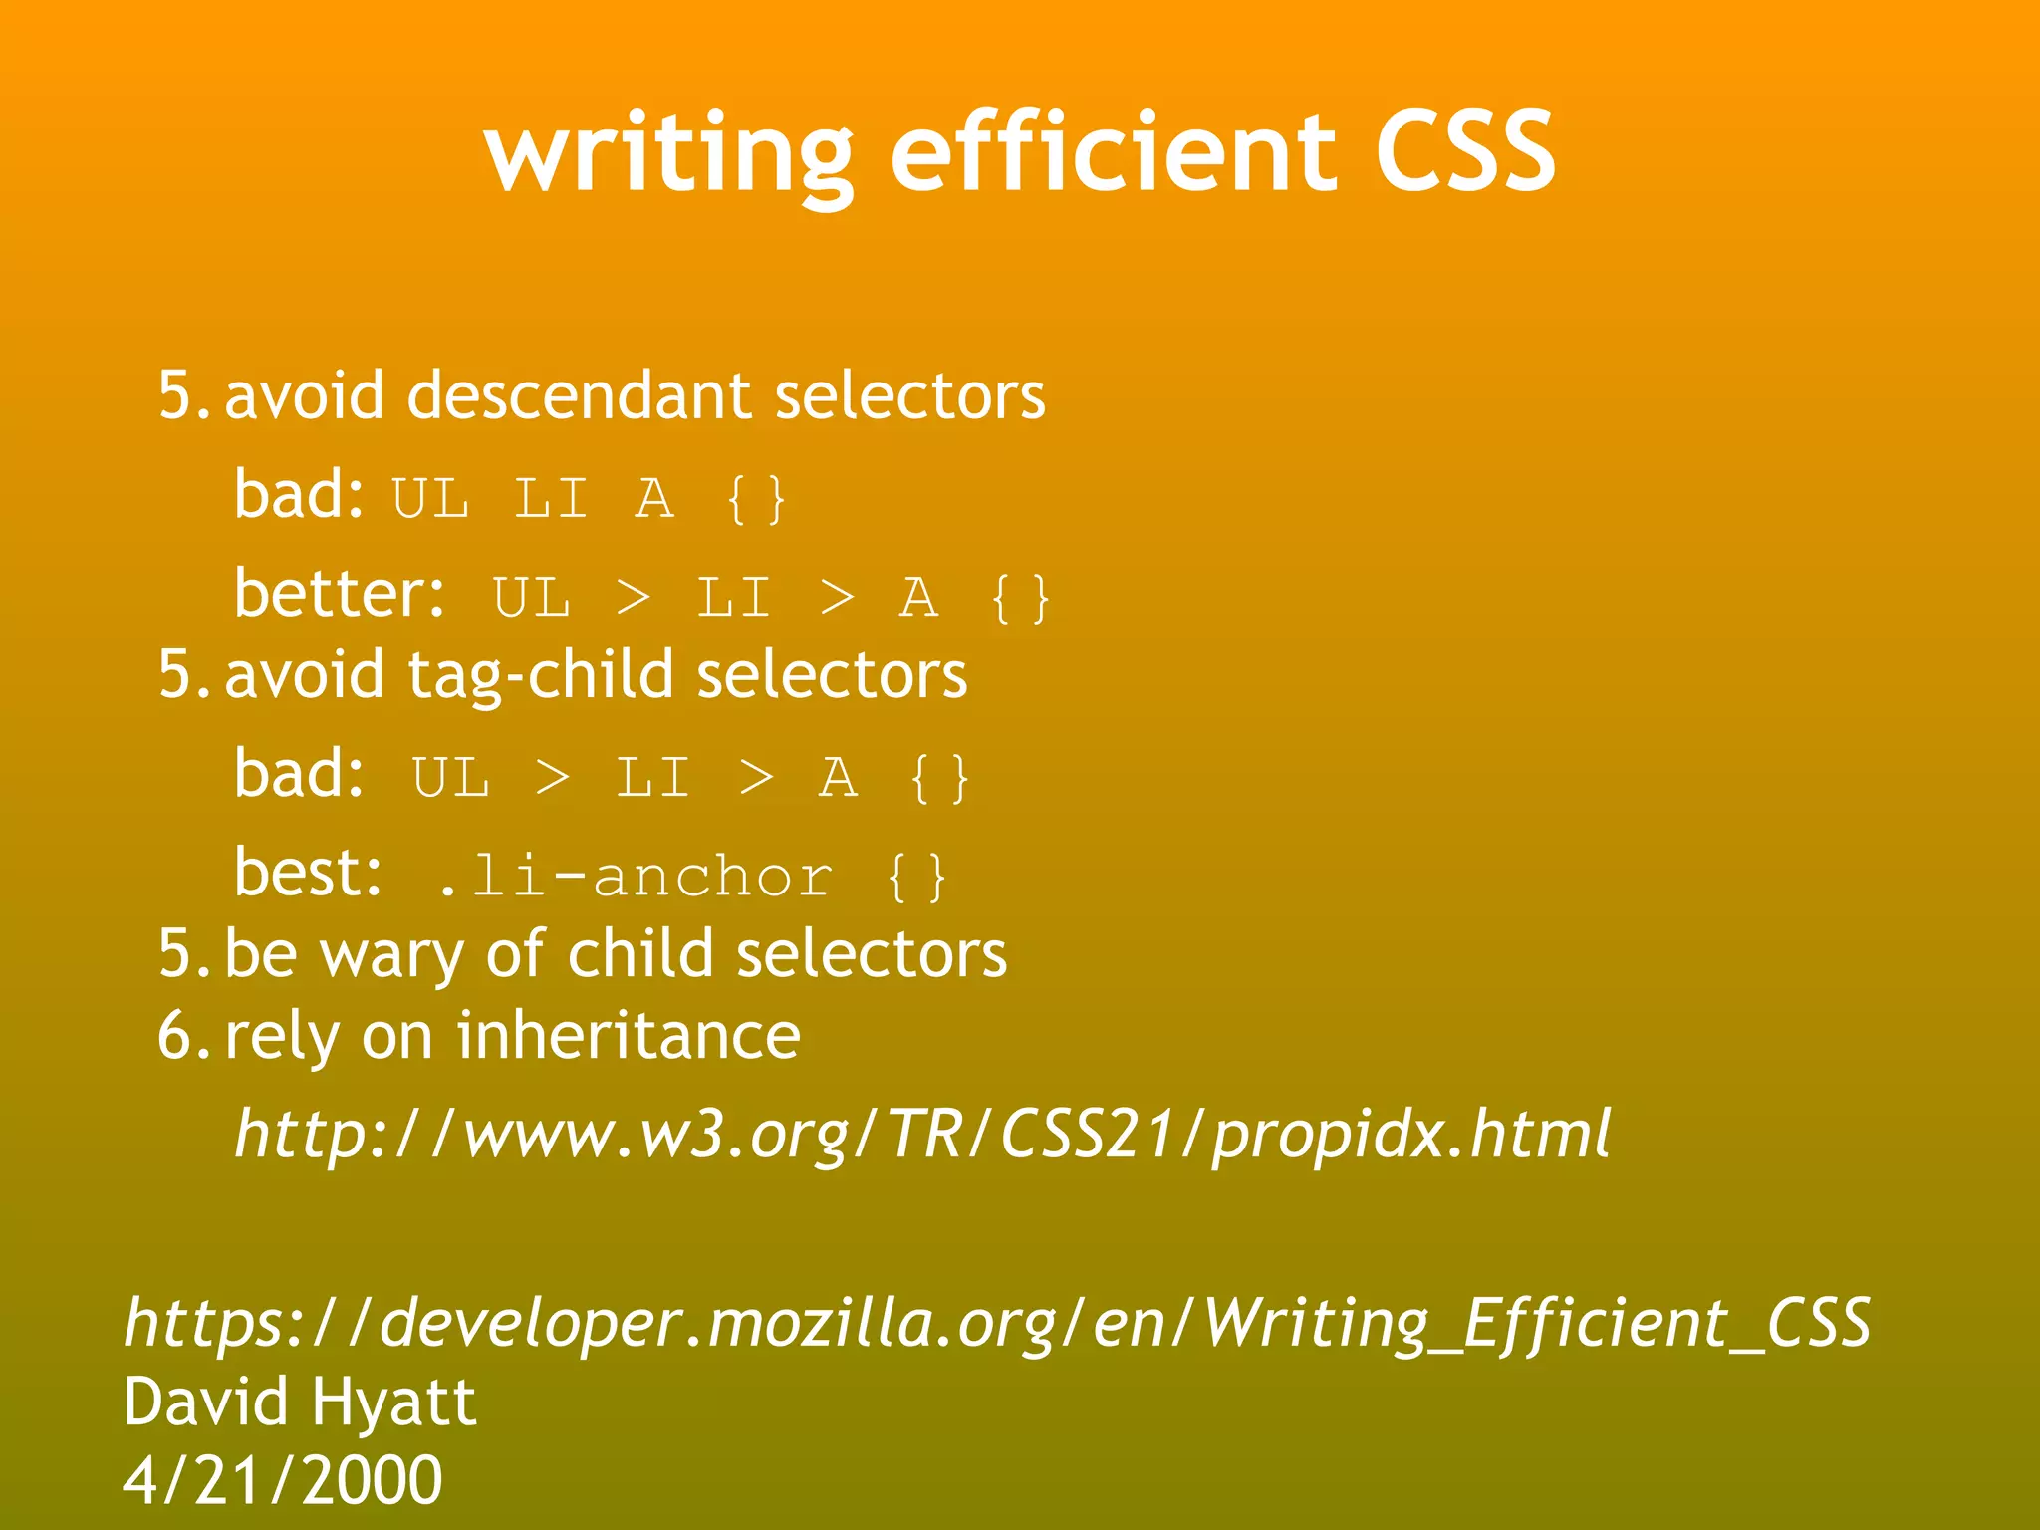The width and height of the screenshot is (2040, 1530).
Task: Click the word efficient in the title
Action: click(x=1113, y=152)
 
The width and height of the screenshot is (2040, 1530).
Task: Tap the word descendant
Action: click(x=578, y=395)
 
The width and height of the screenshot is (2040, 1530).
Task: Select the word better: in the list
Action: click(x=340, y=594)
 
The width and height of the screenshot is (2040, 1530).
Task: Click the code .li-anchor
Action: click(x=635, y=877)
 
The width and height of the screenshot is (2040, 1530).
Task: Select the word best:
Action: click(x=308, y=873)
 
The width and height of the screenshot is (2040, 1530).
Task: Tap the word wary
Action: click(x=391, y=955)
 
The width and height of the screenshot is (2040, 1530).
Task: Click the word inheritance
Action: click(x=628, y=1036)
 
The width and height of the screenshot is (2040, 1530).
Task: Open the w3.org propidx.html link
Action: click(x=921, y=1135)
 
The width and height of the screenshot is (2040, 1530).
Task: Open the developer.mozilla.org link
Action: click(x=996, y=1323)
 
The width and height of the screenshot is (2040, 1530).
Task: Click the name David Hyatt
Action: click(x=300, y=1402)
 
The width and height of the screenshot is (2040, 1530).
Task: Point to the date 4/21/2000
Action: click(x=283, y=1480)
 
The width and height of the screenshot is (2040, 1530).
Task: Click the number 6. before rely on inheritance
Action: click(x=184, y=1036)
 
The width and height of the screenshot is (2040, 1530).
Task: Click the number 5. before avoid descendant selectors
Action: click(x=184, y=395)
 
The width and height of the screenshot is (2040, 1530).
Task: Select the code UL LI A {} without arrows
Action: click(x=589, y=498)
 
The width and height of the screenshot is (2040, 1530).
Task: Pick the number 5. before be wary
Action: click(x=184, y=954)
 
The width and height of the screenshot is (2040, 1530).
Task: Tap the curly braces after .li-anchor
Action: click(x=915, y=877)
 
